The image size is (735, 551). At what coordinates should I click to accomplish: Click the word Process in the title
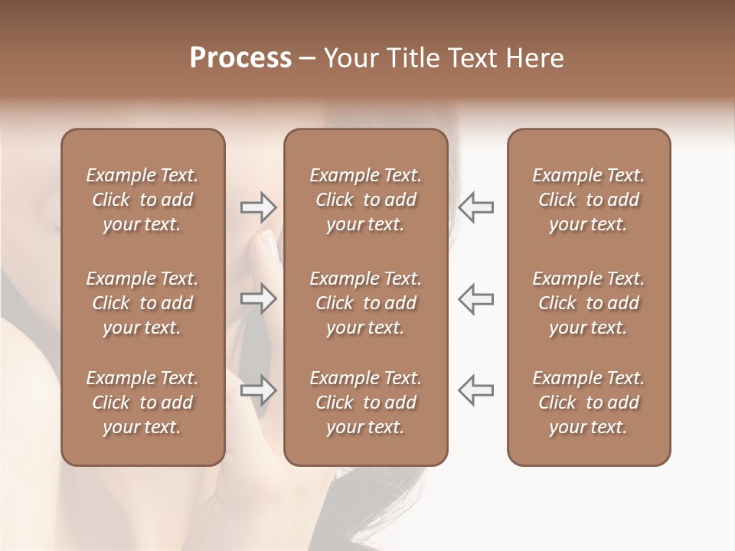point(240,58)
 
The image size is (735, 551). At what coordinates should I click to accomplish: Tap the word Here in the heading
point(534,58)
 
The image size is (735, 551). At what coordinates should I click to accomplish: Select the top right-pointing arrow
point(259,207)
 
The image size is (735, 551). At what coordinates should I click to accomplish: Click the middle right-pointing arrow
point(259,298)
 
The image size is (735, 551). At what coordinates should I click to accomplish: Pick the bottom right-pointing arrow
point(259,390)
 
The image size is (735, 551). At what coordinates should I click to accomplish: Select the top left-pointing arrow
point(475,207)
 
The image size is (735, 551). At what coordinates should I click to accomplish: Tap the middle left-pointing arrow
point(475,298)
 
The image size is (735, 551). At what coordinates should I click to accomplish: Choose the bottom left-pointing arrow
point(475,390)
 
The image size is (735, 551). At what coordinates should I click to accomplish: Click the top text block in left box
point(142,200)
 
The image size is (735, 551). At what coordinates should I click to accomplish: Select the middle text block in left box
point(142,303)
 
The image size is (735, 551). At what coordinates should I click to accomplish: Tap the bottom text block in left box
point(142,403)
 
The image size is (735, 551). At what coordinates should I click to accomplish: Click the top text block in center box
point(365,200)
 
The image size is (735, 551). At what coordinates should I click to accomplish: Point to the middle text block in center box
point(365,303)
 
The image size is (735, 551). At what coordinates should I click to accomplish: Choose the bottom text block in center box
point(365,403)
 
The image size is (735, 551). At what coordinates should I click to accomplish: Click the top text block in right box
point(588,200)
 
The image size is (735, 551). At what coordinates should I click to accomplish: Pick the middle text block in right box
point(588,303)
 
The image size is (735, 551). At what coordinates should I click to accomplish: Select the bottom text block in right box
point(588,403)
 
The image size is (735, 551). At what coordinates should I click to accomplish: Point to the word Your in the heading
point(349,58)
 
